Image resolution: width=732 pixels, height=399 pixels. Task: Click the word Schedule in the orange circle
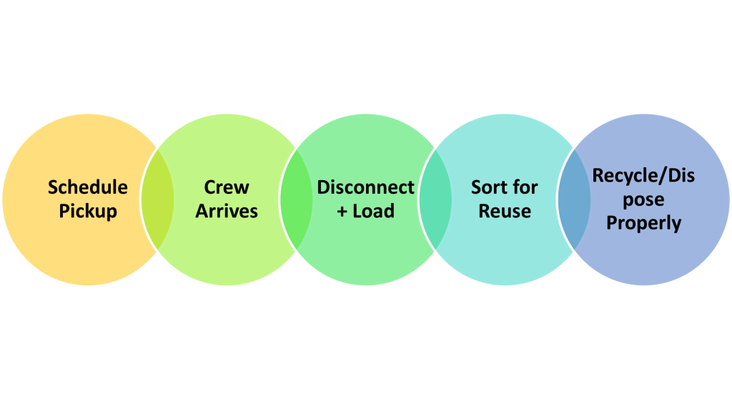click(x=88, y=187)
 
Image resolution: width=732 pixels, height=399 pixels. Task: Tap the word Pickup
click(x=88, y=212)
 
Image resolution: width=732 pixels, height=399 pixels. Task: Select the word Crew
click(x=227, y=187)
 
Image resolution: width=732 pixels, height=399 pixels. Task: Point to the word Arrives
click(x=227, y=212)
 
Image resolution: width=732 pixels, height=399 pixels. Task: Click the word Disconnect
click(x=365, y=187)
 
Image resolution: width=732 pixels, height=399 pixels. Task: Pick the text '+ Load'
click(x=365, y=212)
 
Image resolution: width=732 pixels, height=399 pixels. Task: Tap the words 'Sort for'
click(x=504, y=187)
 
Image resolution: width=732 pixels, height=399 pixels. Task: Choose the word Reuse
click(x=504, y=212)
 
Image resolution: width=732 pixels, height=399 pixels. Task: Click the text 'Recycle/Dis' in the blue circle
click(x=643, y=175)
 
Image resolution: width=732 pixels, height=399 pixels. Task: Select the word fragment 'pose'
click(x=643, y=199)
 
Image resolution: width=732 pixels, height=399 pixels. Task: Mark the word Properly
click(x=643, y=223)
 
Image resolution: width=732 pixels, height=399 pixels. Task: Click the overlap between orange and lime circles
click(x=157, y=199)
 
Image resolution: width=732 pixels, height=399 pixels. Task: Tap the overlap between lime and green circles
click(x=296, y=199)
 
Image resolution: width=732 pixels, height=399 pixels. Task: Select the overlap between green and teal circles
click(x=435, y=199)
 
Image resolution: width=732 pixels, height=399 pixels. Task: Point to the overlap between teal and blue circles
click(x=574, y=199)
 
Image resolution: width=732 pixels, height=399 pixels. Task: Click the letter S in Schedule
click(x=53, y=187)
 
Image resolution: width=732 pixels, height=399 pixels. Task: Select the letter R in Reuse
click(x=484, y=212)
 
